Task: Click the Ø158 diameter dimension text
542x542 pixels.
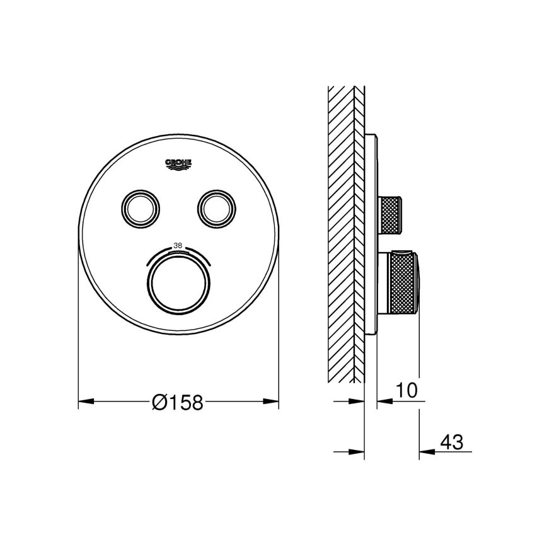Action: pyautogui.click(x=178, y=401)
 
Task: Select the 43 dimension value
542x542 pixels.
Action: pyautogui.click(x=451, y=442)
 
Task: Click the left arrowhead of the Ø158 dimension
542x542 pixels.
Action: pyautogui.click(x=86, y=401)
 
